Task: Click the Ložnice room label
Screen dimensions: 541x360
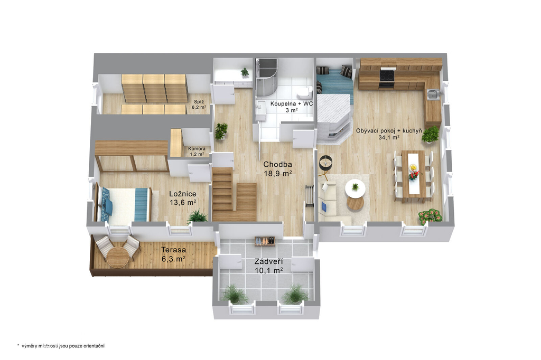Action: point(183,198)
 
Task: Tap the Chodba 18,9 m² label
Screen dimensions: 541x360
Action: point(278,169)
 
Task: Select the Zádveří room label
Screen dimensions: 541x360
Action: point(269,266)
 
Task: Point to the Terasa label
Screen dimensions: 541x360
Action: point(173,254)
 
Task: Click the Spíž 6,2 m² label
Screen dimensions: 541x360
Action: point(199,105)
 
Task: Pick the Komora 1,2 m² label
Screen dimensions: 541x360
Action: point(197,151)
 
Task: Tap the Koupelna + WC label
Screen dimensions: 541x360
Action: point(292,107)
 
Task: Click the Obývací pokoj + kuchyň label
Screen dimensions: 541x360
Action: point(389,134)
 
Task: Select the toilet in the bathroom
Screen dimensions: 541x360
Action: point(305,92)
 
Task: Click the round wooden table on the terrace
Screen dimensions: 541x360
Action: point(117,258)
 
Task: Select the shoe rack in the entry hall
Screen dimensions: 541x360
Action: point(265,241)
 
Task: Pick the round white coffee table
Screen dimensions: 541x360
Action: point(355,188)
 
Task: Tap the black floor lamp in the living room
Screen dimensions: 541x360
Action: point(325,163)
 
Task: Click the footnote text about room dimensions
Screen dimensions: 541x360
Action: point(61,346)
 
